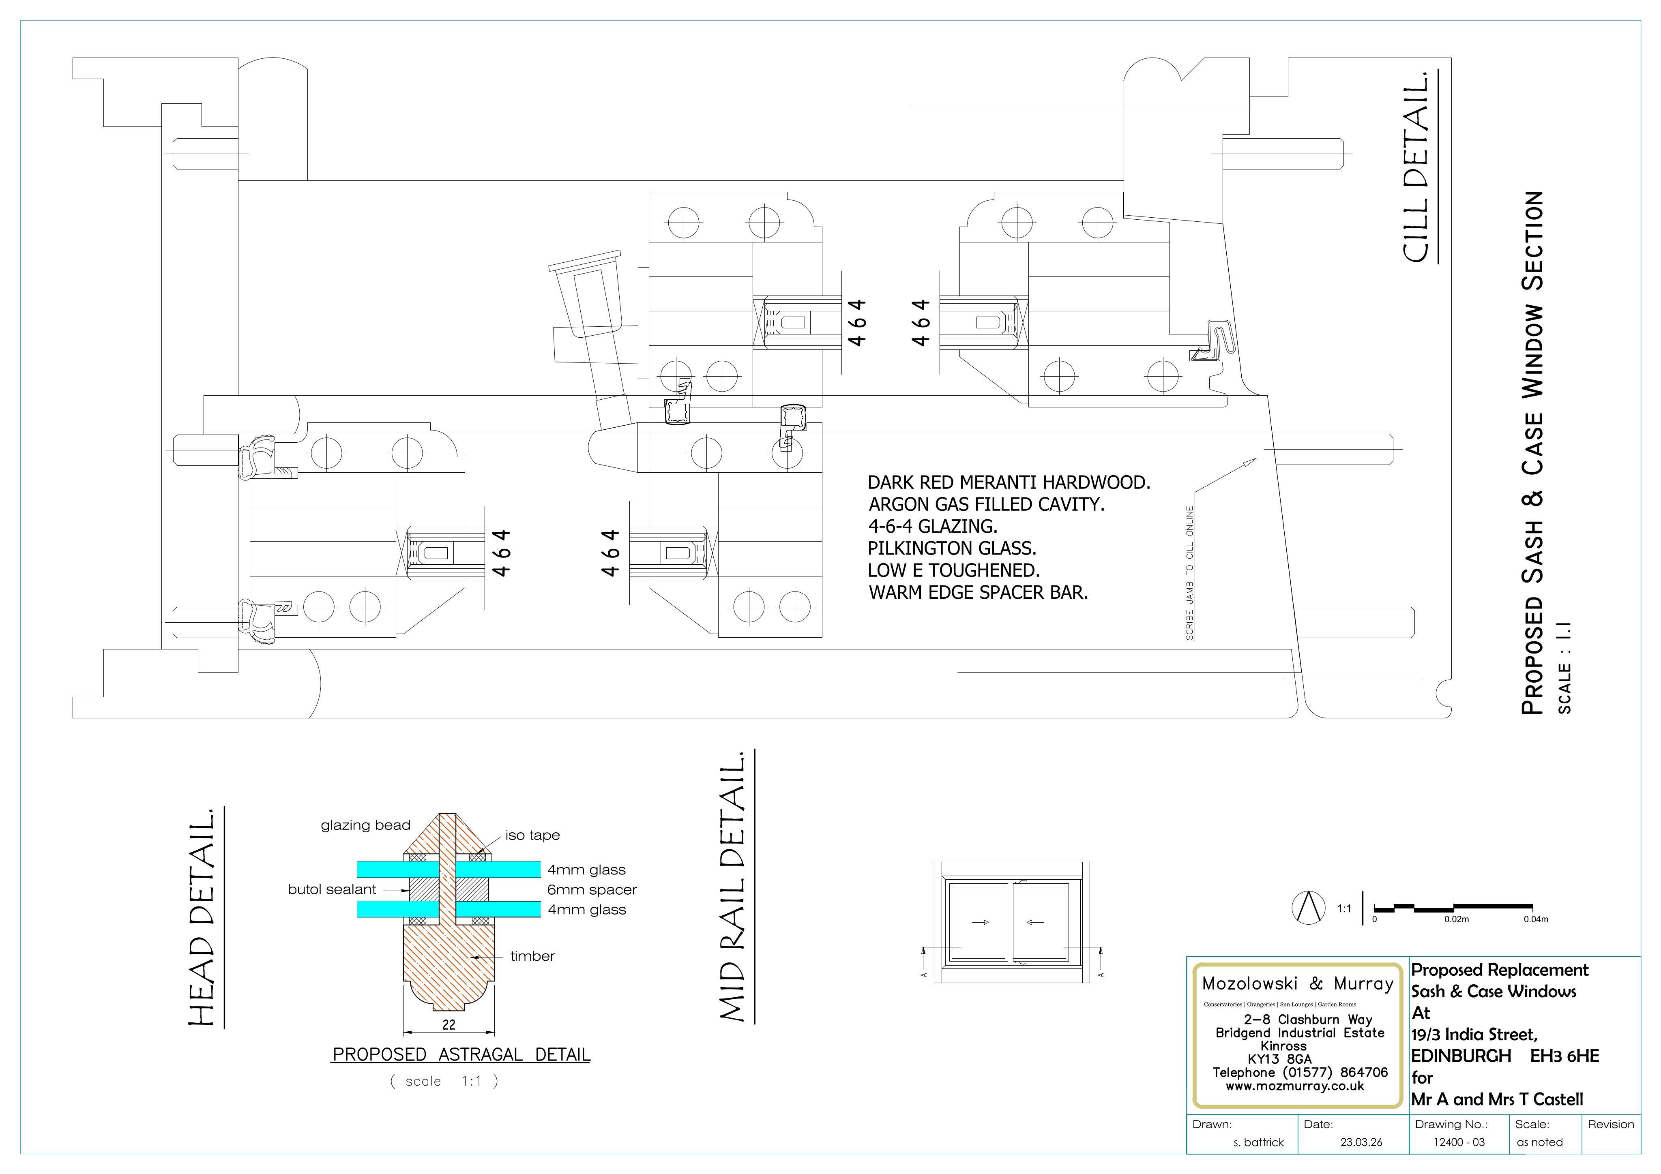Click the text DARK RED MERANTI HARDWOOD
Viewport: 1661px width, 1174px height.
pyautogui.click(x=1009, y=482)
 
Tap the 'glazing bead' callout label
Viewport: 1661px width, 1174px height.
pyautogui.click(x=365, y=825)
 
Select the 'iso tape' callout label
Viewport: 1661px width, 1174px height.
pyautogui.click(x=532, y=836)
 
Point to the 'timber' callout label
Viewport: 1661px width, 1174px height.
pyautogui.click(x=532, y=956)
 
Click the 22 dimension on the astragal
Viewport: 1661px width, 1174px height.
pyautogui.click(x=449, y=1024)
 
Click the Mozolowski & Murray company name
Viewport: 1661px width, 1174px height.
pyautogui.click(x=1297, y=983)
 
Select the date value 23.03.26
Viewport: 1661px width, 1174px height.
pyautogui.click(x=1361, y=1142)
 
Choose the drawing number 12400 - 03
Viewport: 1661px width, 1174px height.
pyautogui.click(x=1459, y=1142)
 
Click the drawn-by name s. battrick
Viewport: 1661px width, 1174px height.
pyautogui.click(x=1259, y=1142)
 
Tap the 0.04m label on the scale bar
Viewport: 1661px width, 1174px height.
pyautogui.click(x=1536, y=919)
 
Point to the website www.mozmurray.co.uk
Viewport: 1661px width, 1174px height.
pyautogui.click(x=1294, y=1086)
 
